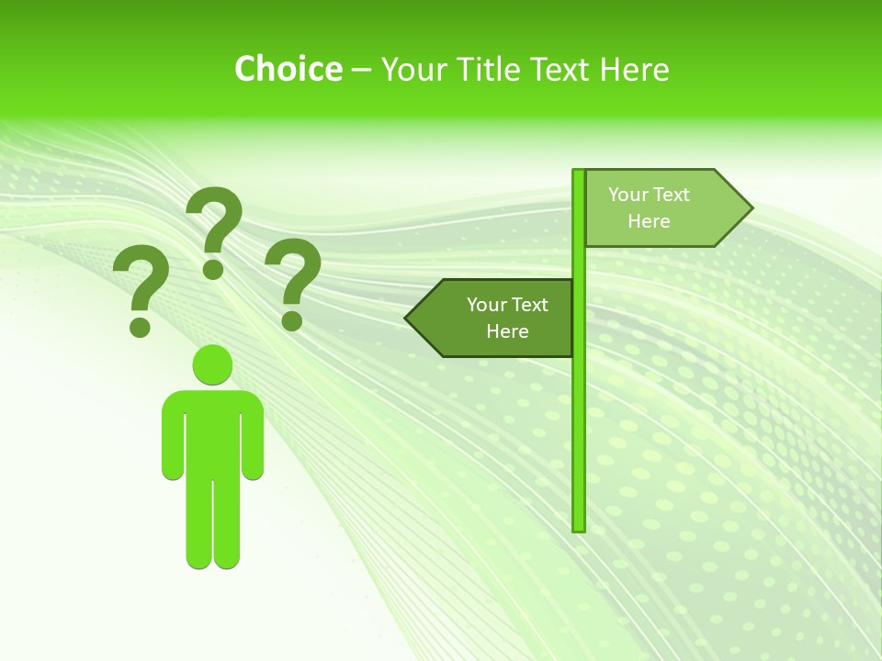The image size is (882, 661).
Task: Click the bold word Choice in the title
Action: pos(288,69)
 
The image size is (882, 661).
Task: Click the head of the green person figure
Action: pos(212,364)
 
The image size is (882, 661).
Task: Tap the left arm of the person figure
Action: pos(172,441)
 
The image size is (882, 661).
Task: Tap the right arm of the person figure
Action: pos(253,441)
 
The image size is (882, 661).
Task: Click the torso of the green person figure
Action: pos(212,431)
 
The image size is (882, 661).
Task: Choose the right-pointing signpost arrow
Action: pos(661,207)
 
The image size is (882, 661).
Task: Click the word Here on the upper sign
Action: pos(649,221)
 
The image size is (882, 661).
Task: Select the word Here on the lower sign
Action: pos(507,331)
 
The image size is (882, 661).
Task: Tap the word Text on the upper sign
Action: pos(671,195)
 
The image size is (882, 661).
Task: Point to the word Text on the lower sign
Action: pos(529,305)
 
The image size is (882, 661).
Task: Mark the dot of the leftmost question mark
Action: pos(140,326)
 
